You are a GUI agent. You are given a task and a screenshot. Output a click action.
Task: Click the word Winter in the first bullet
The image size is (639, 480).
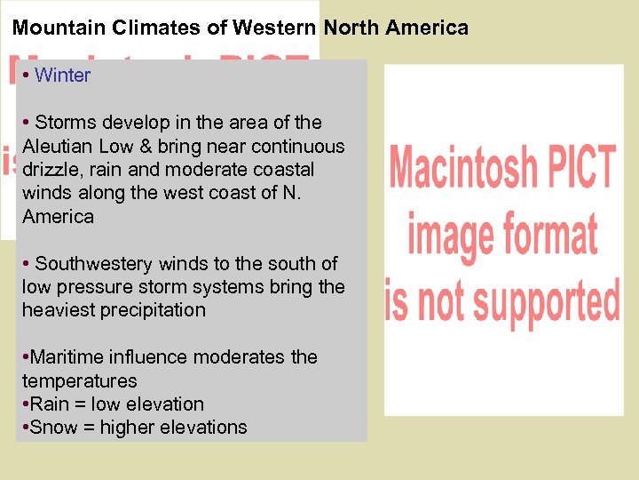(x=63, y=76)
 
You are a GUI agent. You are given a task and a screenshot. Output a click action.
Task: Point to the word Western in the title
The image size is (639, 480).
(x=274, y=28)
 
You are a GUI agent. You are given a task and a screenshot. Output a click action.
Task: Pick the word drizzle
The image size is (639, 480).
(x=51, y=169)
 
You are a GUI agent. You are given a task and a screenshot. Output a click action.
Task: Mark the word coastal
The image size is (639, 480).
(x=283, y=169)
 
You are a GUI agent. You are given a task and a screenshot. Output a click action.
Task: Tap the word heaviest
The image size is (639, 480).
(x=58, y=310)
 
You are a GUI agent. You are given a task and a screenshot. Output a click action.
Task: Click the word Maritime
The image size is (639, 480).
(x=67, y=357)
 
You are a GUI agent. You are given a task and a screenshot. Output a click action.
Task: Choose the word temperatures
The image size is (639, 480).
(x=80, y=380)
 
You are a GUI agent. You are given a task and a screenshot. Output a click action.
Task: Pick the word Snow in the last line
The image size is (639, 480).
(x=51, y=428)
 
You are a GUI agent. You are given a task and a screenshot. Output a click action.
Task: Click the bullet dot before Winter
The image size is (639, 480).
(x=28, y=76)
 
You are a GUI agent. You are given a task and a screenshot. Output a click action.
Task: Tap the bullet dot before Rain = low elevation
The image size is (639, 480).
(x=25, y=404)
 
